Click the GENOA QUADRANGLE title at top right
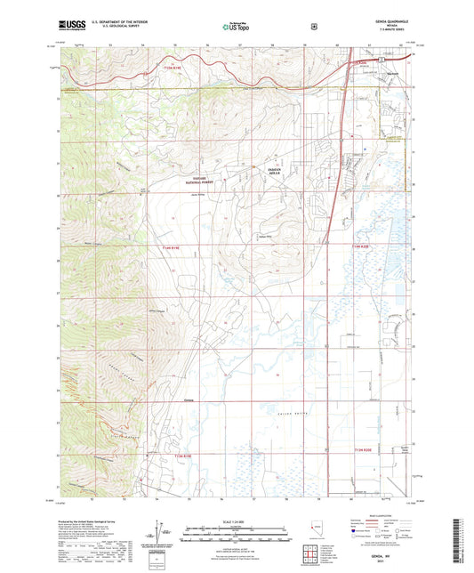(x=384, y=24)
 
